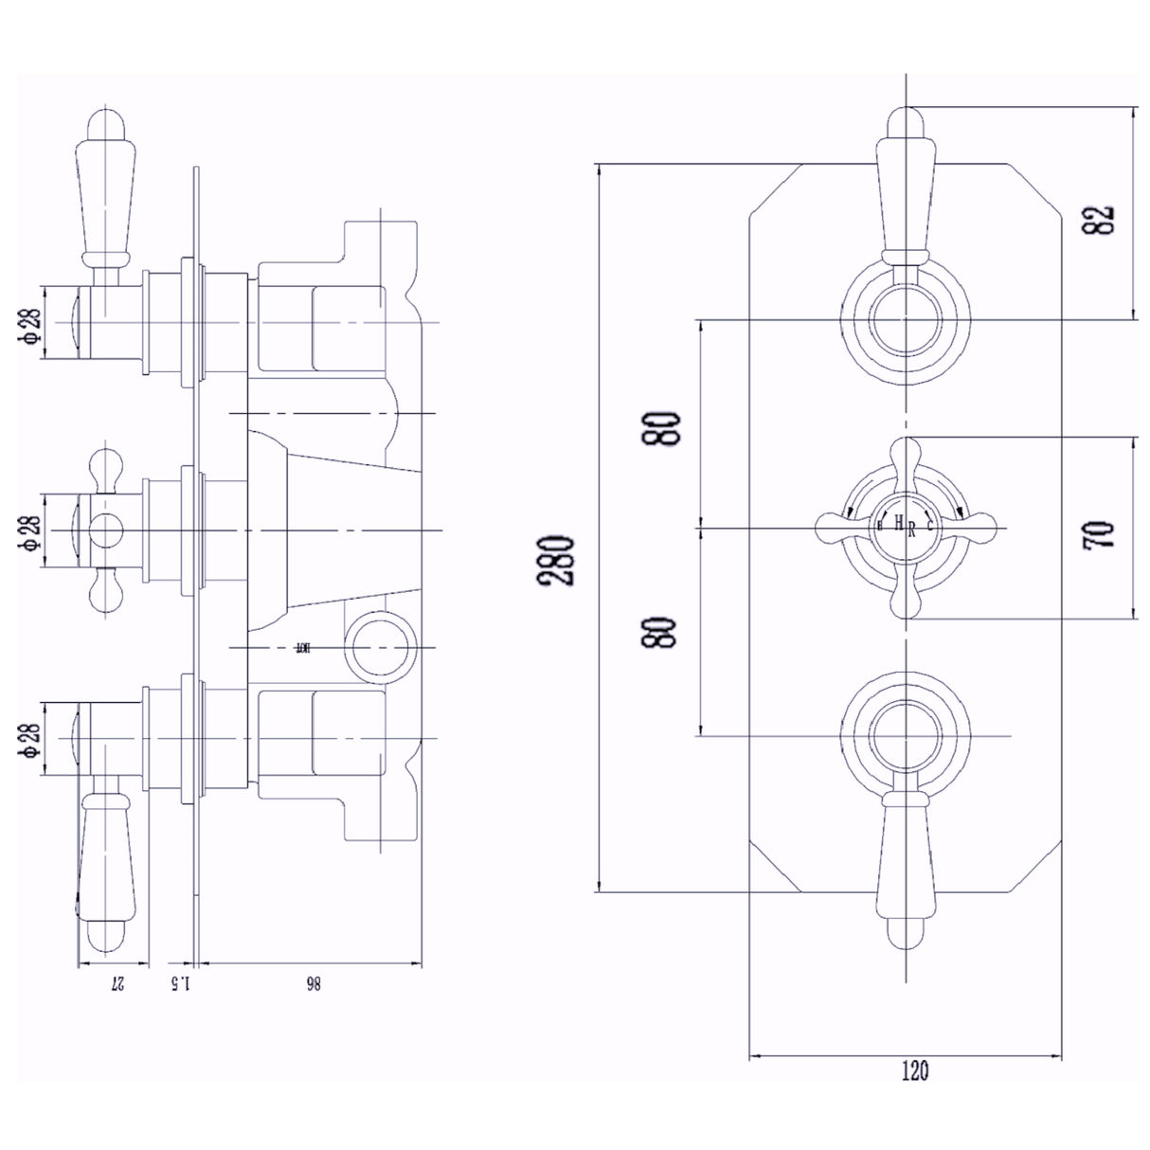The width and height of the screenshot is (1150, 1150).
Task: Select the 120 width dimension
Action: coord(914,1071)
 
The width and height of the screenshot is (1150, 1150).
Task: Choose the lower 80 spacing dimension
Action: coord(664,631)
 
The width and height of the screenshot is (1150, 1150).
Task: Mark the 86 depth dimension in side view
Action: coord(312,984)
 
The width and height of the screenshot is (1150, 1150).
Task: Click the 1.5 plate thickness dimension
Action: coord(181,984)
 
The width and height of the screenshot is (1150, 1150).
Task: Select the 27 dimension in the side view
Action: coord(117,984)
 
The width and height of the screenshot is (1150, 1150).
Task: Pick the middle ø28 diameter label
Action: coord(31,532)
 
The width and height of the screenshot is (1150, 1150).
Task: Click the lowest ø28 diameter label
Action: coord(31,738)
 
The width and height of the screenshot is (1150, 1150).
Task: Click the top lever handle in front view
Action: coord(906,189)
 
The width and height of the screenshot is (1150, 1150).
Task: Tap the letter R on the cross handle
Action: coord(911,530)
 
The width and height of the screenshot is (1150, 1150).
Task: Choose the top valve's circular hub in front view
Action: coord(906,322)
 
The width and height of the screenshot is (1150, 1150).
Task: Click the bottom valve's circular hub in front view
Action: coord(906,735)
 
